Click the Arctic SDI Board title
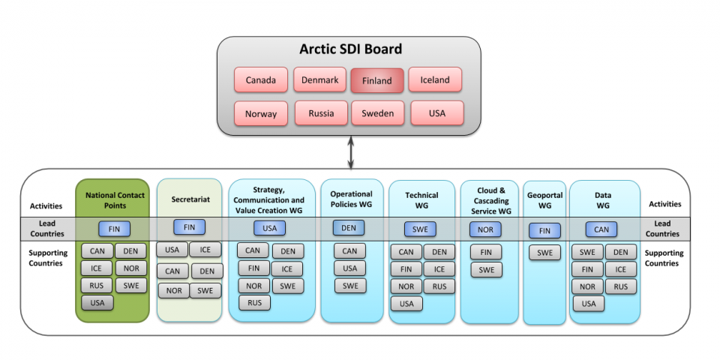point(350,49)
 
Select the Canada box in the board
point(261,80)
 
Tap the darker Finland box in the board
point(377,81)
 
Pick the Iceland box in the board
point(435,80)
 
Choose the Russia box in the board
point(321,113)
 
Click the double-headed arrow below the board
point(351,152)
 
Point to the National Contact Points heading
point(115,200)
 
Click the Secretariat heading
point(190,199)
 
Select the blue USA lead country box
point(269,228)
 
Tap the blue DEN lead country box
point(349,228)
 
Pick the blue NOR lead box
point(485,229)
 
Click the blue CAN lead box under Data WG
point(601,229)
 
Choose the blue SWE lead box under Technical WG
point(420,229)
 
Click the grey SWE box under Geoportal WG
point(545,253)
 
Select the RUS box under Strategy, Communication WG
point(254,303)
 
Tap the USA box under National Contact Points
point(97,303)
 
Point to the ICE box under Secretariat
point(205,250)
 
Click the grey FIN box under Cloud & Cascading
point(486,252)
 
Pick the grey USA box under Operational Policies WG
point(350,268)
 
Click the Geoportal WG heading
point(545,200)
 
